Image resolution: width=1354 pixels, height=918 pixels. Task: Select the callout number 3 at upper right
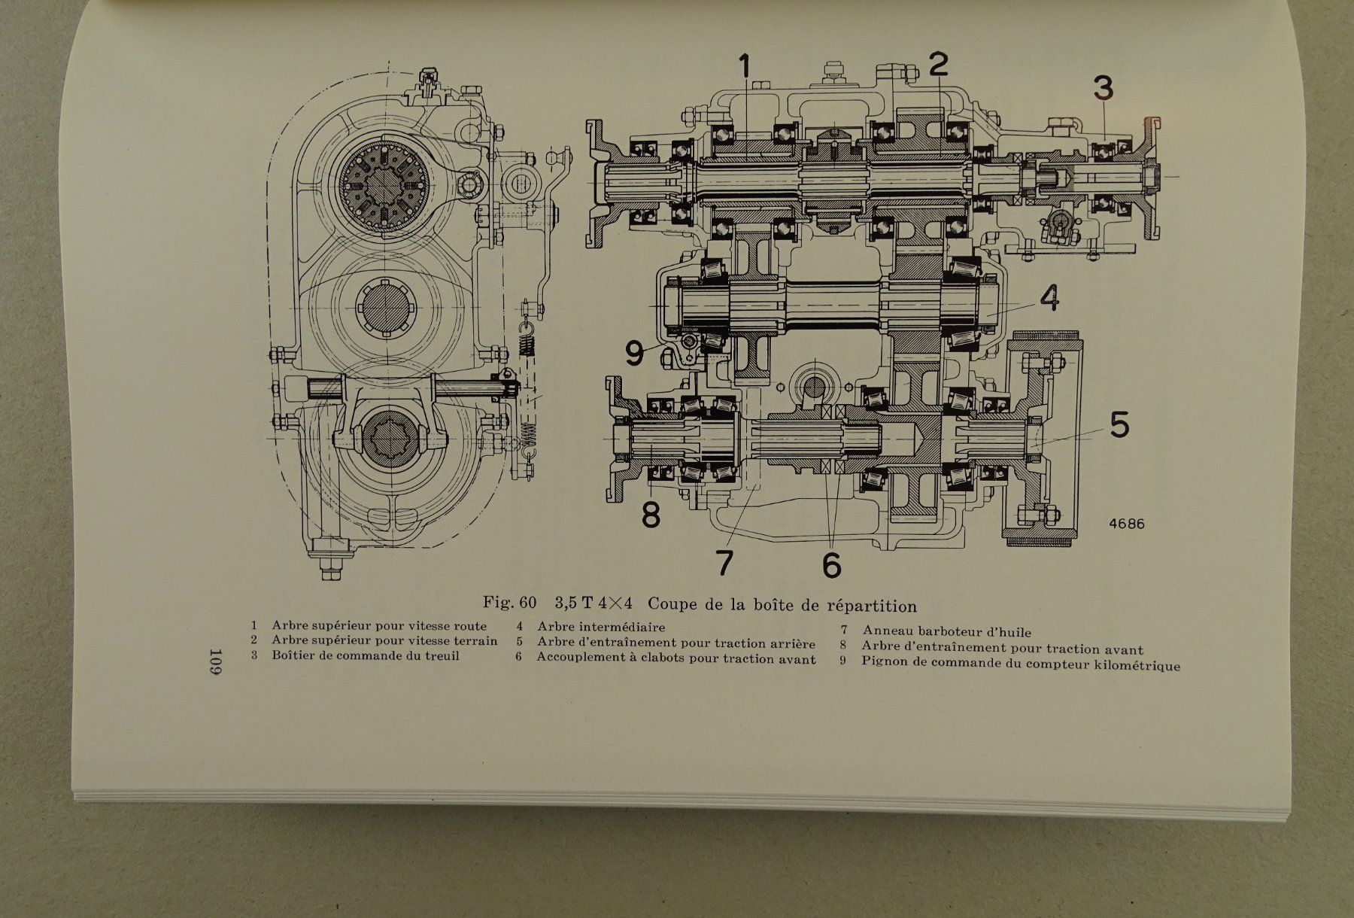point(1102,88)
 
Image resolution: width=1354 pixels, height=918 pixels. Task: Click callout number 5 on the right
point(1119,425)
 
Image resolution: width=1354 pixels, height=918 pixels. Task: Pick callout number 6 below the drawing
point(830,564)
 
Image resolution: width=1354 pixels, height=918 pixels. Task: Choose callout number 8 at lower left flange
point(651,516)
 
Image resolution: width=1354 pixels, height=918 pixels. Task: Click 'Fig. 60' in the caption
point(510,603)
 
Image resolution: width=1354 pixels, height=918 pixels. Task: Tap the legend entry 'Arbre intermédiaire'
point(600,627)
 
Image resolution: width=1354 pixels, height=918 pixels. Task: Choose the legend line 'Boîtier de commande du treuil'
point(366,655)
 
